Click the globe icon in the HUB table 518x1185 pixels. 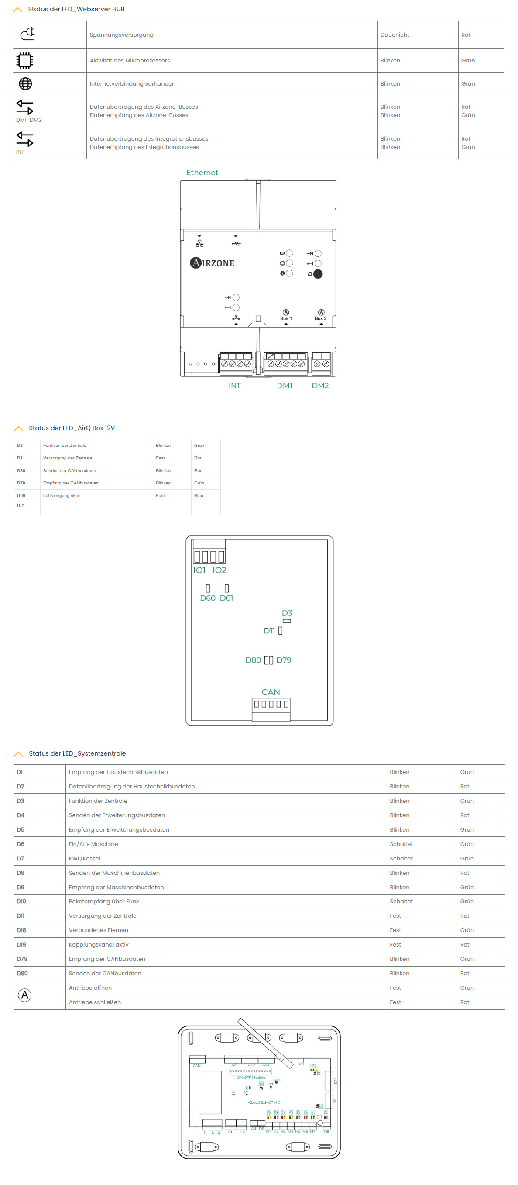click(x=25, y=84)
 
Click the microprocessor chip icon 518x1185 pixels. click(x=25, y=61)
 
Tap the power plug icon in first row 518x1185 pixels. click(x=27, y=34)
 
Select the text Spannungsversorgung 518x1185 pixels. click(x=121, y=35)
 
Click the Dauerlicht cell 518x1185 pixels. click(x=395, y=35)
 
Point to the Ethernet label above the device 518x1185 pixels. click(x=202, y=173)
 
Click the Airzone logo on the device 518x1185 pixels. click(x=212, y=263)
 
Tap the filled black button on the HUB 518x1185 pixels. click(x=318, y=274)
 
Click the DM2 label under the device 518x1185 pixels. click(x=320, y=386)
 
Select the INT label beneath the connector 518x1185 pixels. click(x=234, y=386)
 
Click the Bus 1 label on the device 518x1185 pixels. click(x=285, y=318)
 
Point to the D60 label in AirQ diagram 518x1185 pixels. click(x=207, y=598)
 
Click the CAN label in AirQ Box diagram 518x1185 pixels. click(x=270, y=691)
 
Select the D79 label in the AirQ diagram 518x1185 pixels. click(x=284, y=660)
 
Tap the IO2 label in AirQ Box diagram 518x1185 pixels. click(x=219, y=570)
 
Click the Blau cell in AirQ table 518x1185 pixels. click(x=199, y=495)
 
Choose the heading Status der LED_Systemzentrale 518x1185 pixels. click(x=77, y=753)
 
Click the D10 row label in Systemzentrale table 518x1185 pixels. click(x=22, y=901)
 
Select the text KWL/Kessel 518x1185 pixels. click(x=84, y=858)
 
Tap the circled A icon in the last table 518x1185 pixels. click(x=24, y=995)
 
